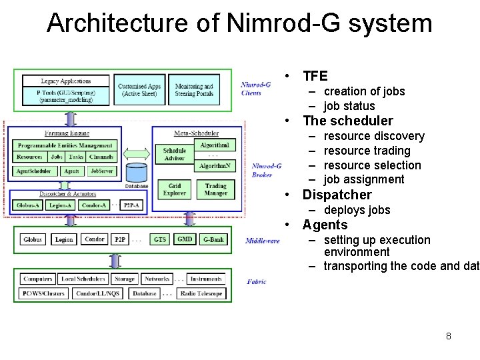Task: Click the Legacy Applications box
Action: coord(65,81)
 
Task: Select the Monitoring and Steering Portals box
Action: coord(194,90)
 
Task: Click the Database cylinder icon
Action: coord(136,173)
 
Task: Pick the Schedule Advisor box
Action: coord(174,155)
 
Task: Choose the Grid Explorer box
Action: coord(174,189)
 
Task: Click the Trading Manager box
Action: coord(215,189)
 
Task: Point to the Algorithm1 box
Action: coord(215,145)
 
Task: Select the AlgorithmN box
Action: coord(215,165)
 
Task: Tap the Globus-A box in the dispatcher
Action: coord(28,205)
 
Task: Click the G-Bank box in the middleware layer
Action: coord(213,239)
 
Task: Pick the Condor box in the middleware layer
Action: coord(95,239)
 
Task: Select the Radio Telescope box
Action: coord(202,293)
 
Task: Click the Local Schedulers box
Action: coord(82,279)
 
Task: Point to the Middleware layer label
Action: coord(262,241)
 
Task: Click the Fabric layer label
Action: coord(257,282)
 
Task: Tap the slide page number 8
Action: coord(449,336)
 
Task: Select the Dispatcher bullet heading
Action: coord(337,195)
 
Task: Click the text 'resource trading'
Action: coord(367,151)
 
